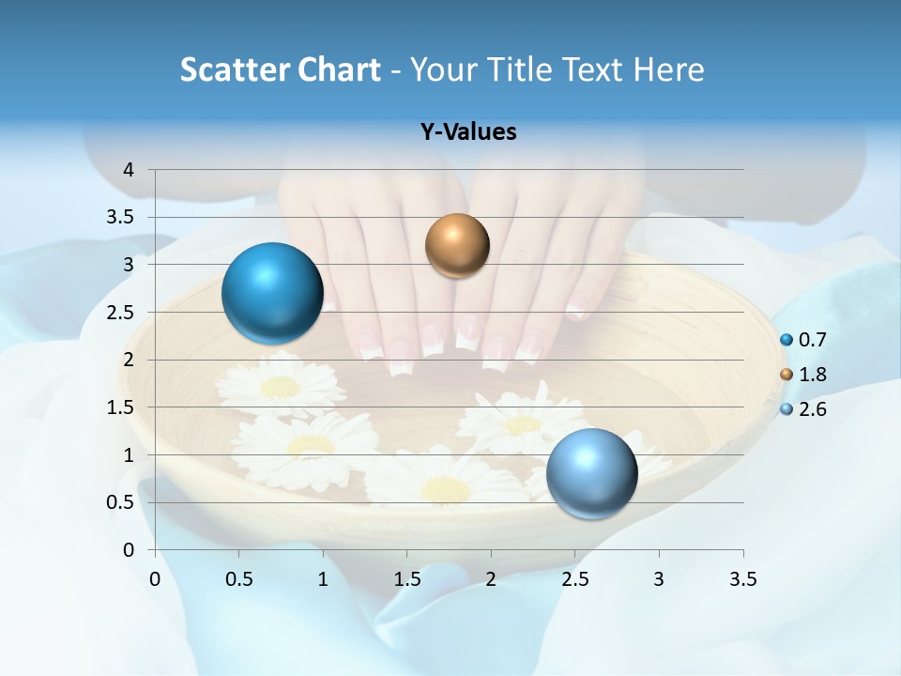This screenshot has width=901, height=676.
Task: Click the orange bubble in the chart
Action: tap(457, 246)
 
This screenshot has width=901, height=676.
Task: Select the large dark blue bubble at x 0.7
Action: tap(272, 293)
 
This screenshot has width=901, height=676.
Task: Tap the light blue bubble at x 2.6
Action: tap(591, 473)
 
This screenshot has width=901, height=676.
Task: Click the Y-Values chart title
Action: tap(468, 132)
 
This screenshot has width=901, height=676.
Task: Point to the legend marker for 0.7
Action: tap(786, 340)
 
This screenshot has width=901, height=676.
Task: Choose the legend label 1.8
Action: tap(812, 375)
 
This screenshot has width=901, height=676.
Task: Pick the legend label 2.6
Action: tap(812, 409)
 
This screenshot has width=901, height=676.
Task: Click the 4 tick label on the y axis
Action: tap(129, 170)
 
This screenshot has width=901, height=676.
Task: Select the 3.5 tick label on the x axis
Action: tap(742, 579)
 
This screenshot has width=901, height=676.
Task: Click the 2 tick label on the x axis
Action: tap(491, 579)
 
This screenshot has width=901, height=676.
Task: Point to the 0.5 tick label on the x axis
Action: tap(239, 579)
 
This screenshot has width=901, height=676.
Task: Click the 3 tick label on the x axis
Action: tap(659, 579)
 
